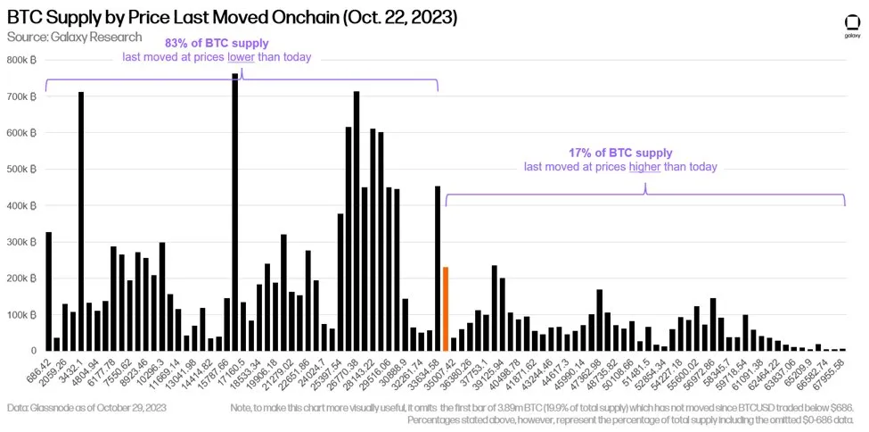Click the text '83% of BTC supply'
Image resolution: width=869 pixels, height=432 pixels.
217,43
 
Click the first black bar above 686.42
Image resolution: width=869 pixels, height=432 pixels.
48,291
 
